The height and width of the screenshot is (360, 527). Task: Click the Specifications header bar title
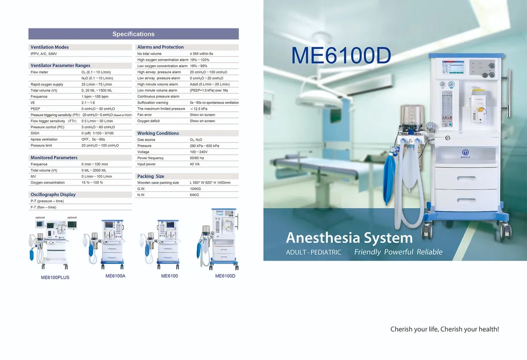pos(133,34)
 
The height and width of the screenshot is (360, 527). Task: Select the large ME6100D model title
pos(341,56)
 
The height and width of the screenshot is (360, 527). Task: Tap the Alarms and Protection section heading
pos(161,47)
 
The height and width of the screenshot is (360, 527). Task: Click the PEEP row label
pos(35,108)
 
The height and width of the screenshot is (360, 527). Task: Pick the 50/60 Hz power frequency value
pos(197,158)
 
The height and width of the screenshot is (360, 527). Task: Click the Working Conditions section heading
pos(158,133)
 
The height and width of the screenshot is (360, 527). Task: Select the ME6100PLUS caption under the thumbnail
pos(55,277)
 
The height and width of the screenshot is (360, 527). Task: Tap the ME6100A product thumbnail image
pos(105,243)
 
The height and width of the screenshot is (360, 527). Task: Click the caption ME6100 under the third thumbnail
pos(170,276)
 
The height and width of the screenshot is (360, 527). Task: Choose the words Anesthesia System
pos(350,237)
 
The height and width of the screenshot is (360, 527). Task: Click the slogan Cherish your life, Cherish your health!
pos(444,329)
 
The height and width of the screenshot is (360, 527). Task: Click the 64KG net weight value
pos(194,195)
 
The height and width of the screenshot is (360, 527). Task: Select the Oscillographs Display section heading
pos(53,194)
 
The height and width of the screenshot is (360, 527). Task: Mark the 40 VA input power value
pos(194,164)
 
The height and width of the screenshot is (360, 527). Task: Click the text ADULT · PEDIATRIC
pos(314,253)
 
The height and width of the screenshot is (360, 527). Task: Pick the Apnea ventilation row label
pos(44,140)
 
